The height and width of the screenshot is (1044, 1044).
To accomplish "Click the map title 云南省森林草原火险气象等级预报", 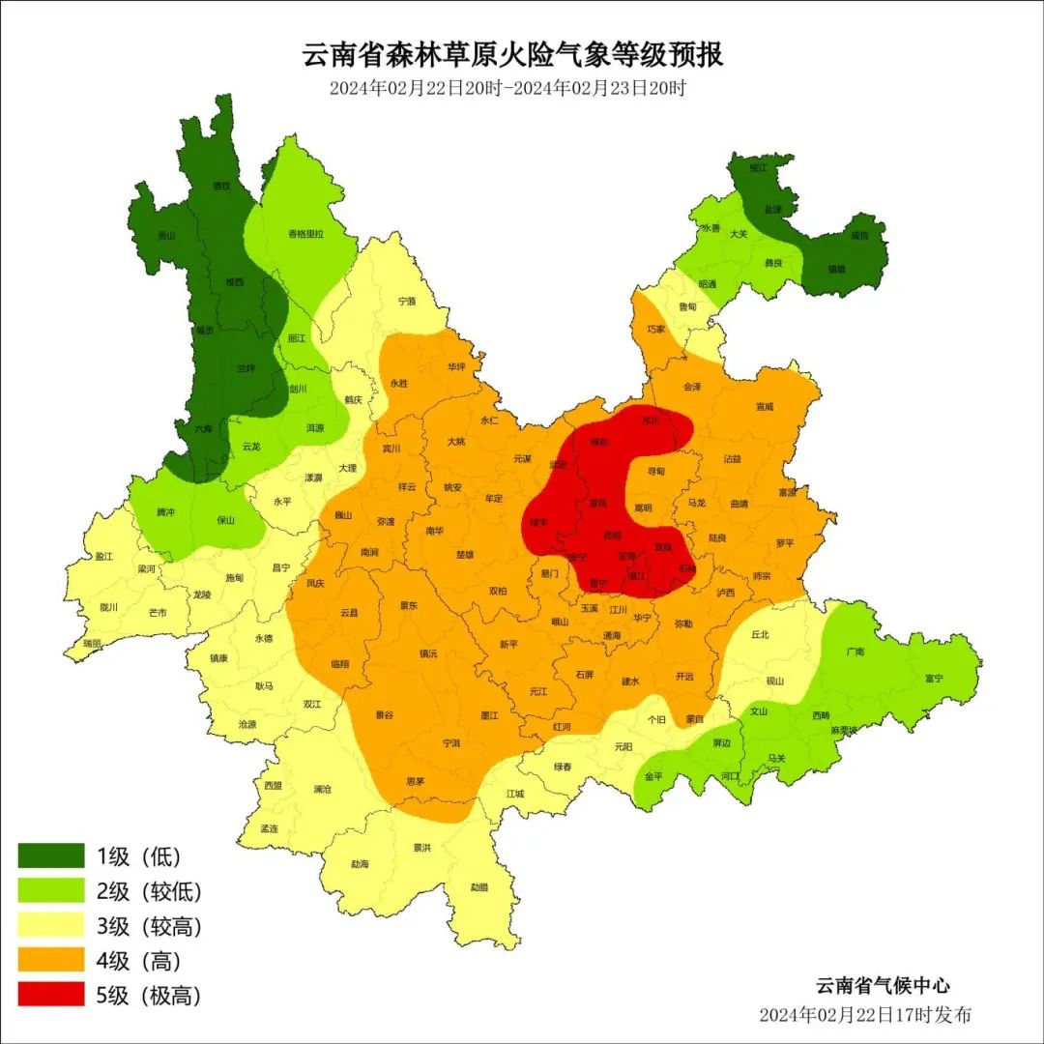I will [513, 54].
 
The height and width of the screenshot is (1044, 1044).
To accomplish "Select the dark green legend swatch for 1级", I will [51, 855].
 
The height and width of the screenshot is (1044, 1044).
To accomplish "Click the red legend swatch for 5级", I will [51, 995].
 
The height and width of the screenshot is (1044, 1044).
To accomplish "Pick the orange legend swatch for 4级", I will [51, 960].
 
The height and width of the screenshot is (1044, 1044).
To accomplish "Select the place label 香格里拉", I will [305, 234].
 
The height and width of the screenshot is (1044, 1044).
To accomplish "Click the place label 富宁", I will [933, 679].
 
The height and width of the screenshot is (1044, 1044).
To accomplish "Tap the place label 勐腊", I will [479, 886].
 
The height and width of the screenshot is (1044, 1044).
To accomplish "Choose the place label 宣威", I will [765, 407].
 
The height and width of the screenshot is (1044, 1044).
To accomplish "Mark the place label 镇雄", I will [837, 269].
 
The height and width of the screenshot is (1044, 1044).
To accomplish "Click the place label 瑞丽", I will [92, 643].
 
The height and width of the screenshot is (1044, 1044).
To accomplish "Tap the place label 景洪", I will [421, 848].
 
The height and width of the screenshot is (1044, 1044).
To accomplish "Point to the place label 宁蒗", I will [407, 302].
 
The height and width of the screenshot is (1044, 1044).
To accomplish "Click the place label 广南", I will [855, 652].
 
